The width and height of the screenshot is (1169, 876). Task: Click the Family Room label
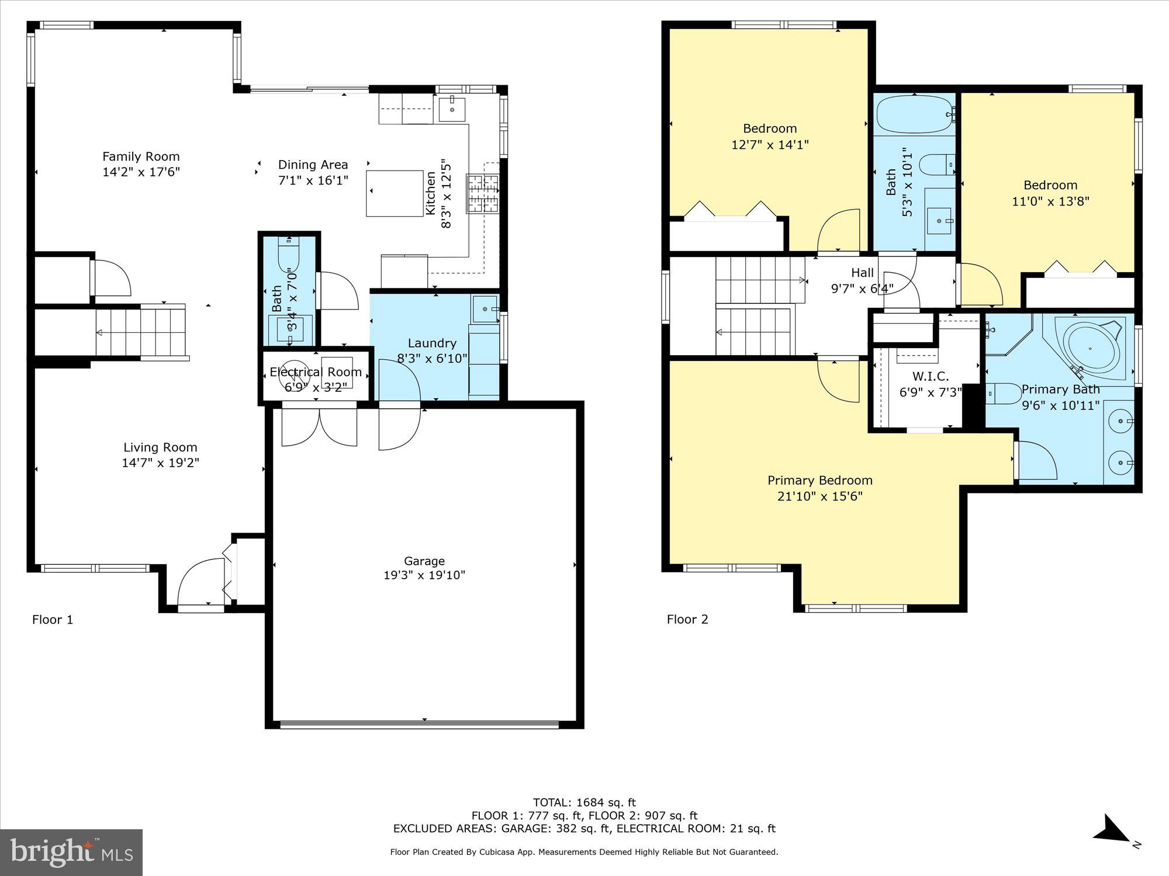coord(141,157)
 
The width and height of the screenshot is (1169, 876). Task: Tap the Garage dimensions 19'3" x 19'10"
coord(424,575)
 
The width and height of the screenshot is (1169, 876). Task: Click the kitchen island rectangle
coord(395,193)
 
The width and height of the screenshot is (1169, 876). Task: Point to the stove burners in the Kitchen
coord(482,193)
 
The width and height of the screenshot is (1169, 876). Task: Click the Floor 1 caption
coord(53,620)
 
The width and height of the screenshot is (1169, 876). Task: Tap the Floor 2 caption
coord(687,619)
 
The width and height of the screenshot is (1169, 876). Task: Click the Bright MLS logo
coord(71,853)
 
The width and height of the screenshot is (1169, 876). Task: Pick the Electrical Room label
coord(316,372)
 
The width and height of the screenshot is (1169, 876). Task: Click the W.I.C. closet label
coord(930,377)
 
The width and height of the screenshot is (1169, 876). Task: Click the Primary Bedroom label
coord(819,481)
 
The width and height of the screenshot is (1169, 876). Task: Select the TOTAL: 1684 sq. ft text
coord(584,802)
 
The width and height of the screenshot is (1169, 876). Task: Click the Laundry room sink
coord(486,308)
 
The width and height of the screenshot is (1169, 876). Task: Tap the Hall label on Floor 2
coord(862,273)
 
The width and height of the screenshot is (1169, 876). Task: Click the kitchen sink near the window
coord(452,109)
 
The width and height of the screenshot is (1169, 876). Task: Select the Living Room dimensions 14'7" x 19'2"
coord(160,463)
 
